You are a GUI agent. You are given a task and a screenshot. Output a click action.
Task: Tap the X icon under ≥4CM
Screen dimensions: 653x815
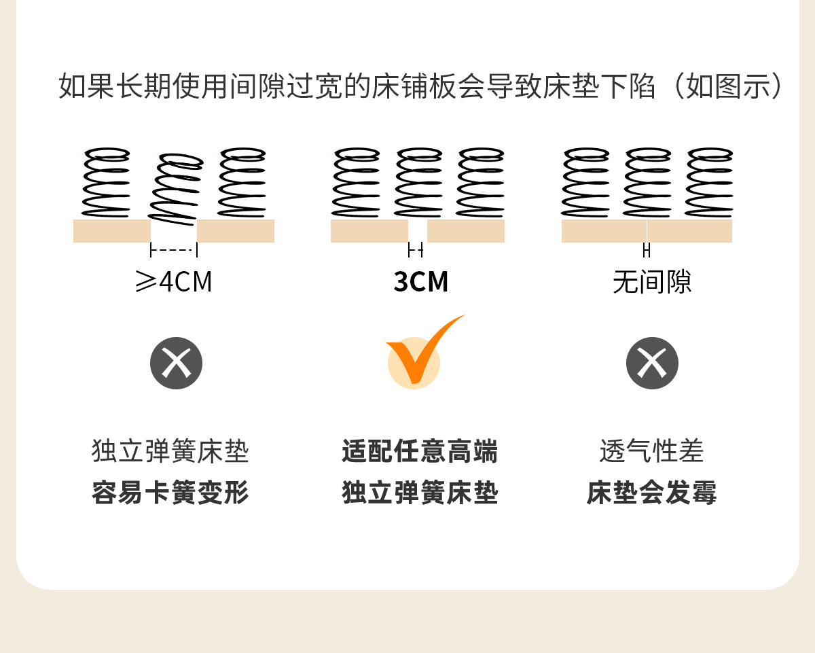point(177,364)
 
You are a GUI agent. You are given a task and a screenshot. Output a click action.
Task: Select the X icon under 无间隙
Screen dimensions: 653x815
point(652,364)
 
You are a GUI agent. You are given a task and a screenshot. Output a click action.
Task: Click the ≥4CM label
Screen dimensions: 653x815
point(174,282)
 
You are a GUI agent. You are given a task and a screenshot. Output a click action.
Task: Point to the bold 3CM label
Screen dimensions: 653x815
point(421,282)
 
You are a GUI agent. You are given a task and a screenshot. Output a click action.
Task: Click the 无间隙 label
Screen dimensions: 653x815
point(652,282)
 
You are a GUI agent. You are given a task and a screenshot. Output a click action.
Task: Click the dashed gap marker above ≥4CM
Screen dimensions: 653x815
point(174,251)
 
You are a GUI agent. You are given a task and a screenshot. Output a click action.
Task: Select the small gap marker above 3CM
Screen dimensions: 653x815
point(416,251)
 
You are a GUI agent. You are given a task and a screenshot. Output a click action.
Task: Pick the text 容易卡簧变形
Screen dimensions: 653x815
point(170,493)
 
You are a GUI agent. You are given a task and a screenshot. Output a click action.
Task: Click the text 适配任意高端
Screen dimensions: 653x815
point(420,452)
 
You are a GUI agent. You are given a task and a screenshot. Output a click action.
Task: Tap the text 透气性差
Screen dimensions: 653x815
point(652,452)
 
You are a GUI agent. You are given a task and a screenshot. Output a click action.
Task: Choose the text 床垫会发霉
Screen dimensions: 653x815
point(652,493)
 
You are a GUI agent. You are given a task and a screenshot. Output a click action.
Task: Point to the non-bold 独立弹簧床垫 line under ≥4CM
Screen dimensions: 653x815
point(170,452)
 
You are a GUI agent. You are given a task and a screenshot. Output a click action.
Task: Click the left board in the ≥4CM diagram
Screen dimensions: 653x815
point(112,231)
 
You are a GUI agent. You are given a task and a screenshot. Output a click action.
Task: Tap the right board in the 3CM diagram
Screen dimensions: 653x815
point(466,231)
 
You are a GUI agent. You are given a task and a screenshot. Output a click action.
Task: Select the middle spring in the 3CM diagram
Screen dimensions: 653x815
point(418,182)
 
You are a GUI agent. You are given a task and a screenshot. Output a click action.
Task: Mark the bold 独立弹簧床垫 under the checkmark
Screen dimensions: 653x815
point(420,493)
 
